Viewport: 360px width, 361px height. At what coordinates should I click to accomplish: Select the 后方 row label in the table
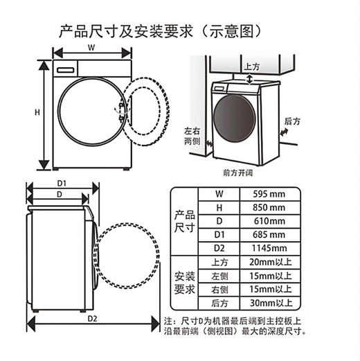[219, 303]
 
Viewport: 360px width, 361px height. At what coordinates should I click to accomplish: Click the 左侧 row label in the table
[219, 276]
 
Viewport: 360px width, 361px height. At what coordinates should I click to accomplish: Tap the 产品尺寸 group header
[184, 221]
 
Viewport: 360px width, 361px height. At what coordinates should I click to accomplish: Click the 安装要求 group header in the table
[184, 282]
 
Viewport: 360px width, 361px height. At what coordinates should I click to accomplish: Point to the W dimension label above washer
[91, 48]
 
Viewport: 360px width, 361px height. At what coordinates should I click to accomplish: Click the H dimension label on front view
[37, 112]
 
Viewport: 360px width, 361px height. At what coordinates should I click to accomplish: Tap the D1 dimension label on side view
[61, 183]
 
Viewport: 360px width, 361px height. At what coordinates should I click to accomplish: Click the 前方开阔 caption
[237, 171]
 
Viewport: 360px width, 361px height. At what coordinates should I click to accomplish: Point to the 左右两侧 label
[192, 135]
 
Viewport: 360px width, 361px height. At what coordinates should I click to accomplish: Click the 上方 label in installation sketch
[252, 67]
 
